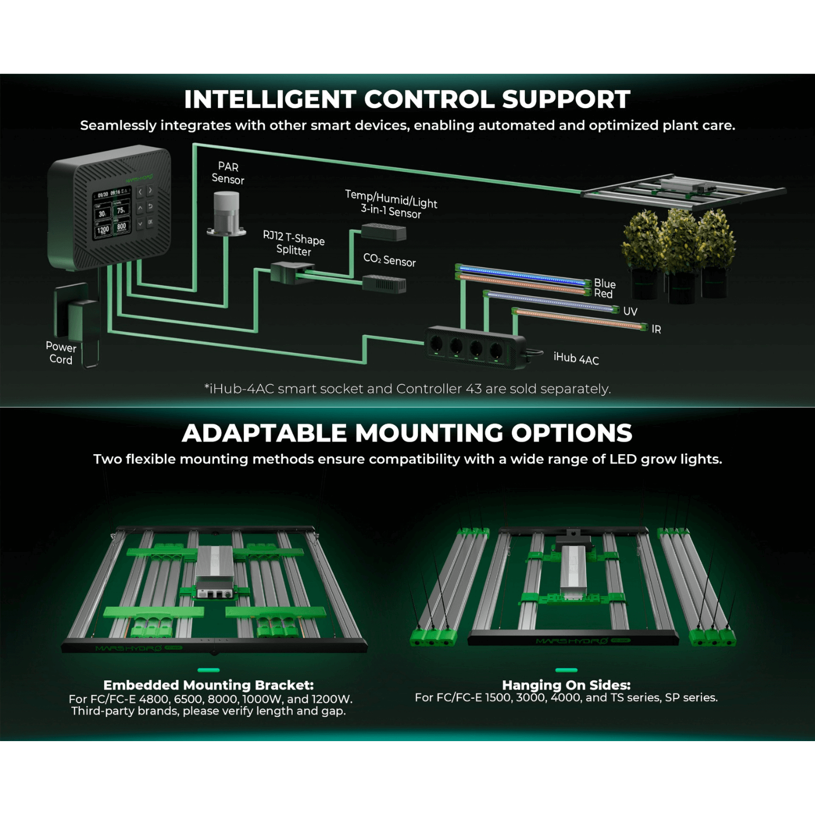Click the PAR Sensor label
[228, 173]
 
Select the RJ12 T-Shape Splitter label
[294, 243]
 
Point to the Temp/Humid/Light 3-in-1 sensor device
[384, 233]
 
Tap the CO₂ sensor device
[384, 283]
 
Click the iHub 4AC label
[576, 358]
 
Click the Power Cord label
[61, 353]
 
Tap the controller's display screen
[112, 214]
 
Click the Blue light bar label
[605, 283]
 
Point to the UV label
[630, 311]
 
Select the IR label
[656, 329]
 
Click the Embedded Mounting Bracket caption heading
[208, 685]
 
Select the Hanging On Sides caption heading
[566, 685]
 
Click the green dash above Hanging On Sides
[566, 670]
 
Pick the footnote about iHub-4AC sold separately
[407, 389]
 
